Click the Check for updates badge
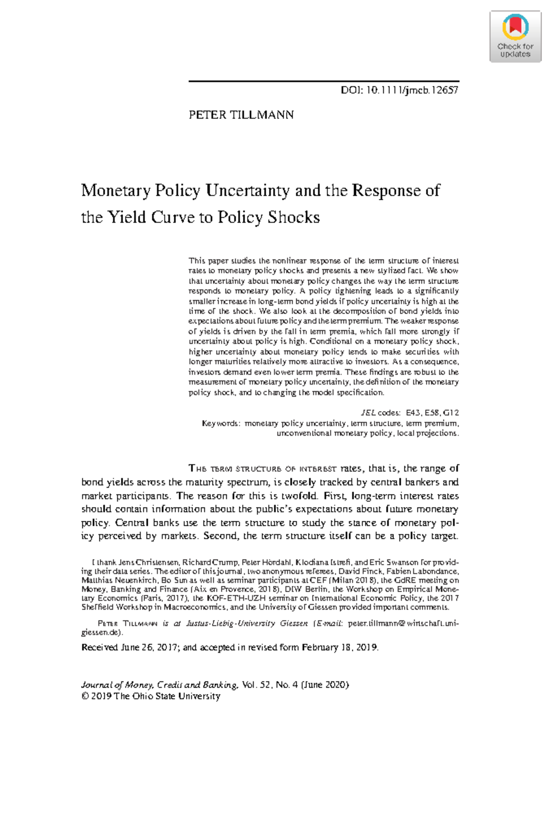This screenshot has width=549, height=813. pyautogui.click(x=515, y=37)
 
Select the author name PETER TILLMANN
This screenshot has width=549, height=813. pyautogui.click(x=241, y=115)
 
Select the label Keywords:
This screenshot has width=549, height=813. pyautogui.click(x=221, y=423)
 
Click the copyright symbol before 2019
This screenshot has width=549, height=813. pyautogui.click(x=85, y=696)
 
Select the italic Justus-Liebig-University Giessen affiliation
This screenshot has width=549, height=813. pyautogui.click(x=247, y=624)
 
